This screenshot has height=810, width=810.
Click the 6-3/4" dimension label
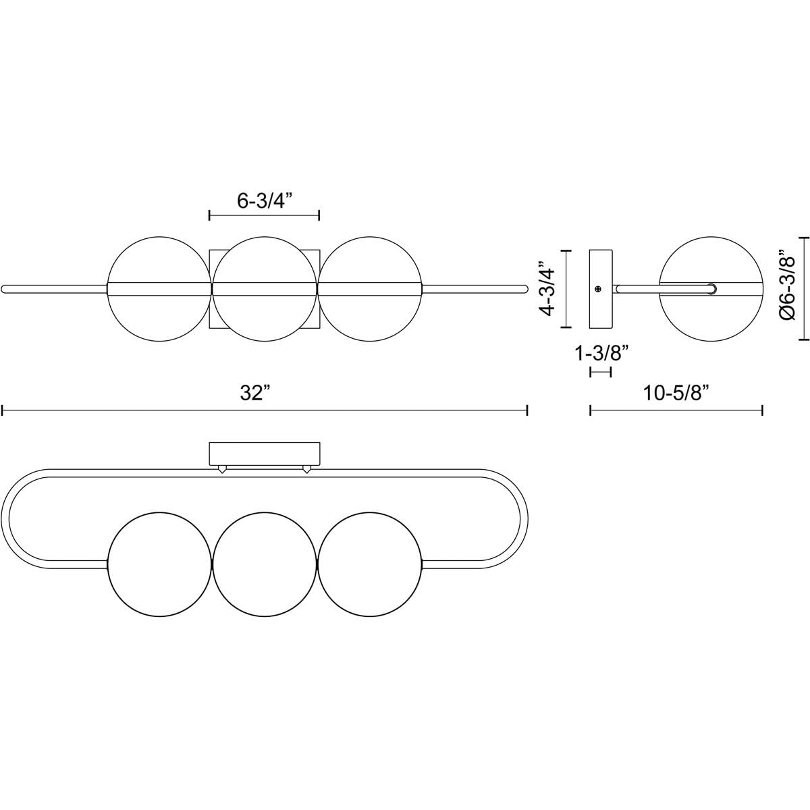(265, 202)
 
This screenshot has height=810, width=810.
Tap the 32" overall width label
(254, 394)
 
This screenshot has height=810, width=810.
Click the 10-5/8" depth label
(676, 394)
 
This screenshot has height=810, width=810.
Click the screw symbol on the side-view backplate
(598, 289)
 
